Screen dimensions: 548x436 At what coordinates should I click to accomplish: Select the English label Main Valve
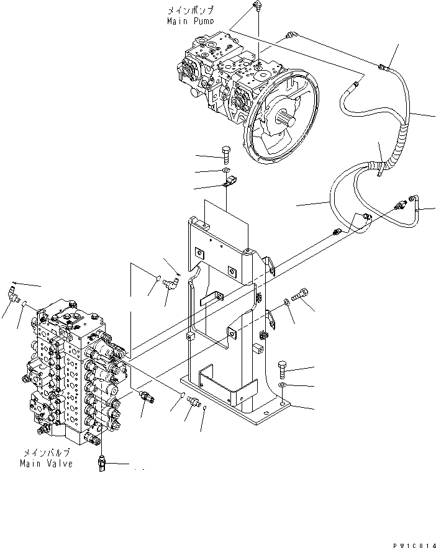45,464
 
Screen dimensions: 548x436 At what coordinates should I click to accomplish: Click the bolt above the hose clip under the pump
225,151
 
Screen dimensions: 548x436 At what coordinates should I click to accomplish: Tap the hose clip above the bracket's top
230,183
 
